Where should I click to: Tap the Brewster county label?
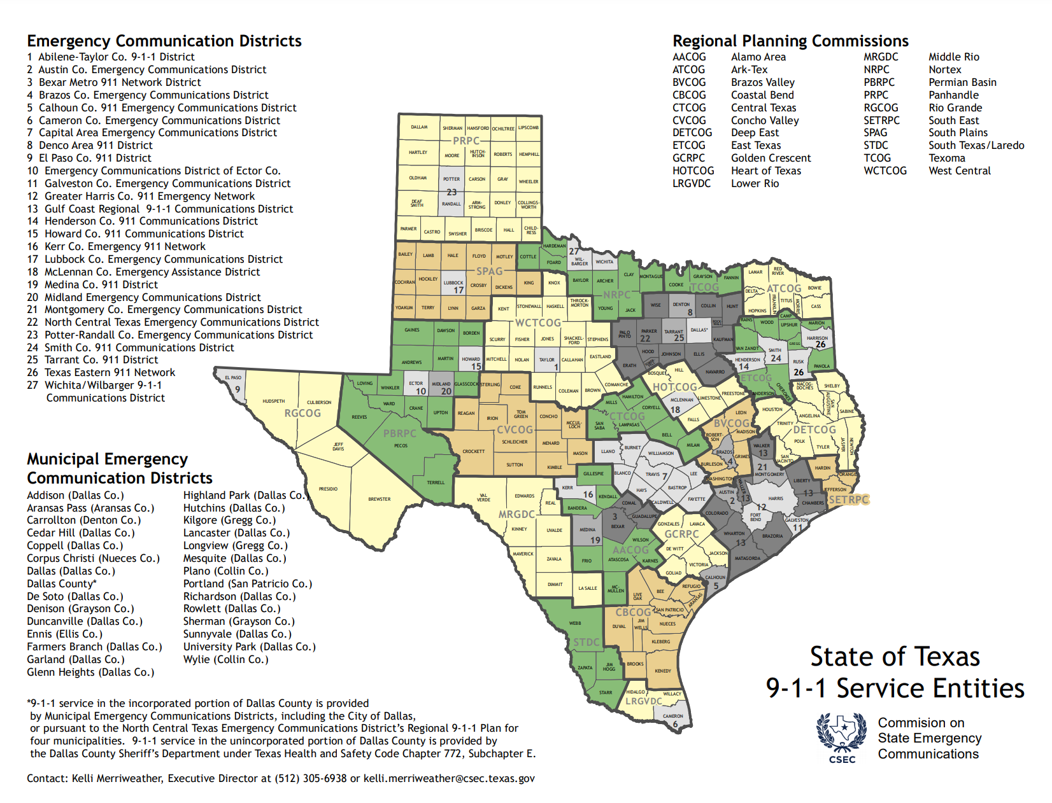(x=379, y=499)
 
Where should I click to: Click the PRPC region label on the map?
(x=466, y=141)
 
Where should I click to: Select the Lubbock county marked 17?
(x=454, y=286)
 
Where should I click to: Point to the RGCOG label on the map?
(x=302, y=413)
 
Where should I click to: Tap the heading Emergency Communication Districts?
(x=164, y=41)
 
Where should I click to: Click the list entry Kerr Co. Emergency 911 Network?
(x=125, y=246)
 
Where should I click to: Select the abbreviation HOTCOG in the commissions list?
(x=693, y=171)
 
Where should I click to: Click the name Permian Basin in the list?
(x=962, y=82)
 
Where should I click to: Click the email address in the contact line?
(x=449, y=778)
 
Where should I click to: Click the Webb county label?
(x=575, y=624)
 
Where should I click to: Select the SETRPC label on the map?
(x=848, y=499)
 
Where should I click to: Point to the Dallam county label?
(x=419, y=127)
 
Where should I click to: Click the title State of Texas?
(x=895, y=657)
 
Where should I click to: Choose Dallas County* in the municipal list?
(x=62, y=583)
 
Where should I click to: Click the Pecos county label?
(x=401, y=446)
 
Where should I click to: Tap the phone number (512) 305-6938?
(x=311, y=778)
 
